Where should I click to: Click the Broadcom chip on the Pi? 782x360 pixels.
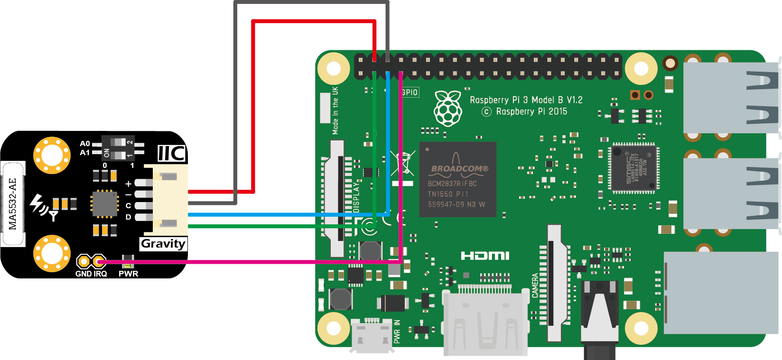pos(457,179)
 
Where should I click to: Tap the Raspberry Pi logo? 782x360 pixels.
pos(448,109)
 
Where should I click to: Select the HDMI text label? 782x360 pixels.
pos(485,256)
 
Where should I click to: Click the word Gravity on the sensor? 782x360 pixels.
pos(163,244)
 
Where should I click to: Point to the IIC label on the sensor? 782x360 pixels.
pos(171,154)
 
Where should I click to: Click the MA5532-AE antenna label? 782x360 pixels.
pos(13,204)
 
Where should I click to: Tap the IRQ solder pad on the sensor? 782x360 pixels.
pos(99,261)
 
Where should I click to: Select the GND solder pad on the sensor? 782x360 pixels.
pos(84,261)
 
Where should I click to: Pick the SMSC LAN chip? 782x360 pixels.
pos(633,168)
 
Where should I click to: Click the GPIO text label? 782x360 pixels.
pos(410,92)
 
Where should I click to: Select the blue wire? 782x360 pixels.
pos(285,215)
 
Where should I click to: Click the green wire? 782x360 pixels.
pos(285,226)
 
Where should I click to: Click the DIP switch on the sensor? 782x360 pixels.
pos(119,148)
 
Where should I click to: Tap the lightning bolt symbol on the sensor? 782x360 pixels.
pos(37,203)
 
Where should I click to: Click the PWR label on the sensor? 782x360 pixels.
pos(128,274)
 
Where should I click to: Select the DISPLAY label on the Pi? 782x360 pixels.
pos(356,197)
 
